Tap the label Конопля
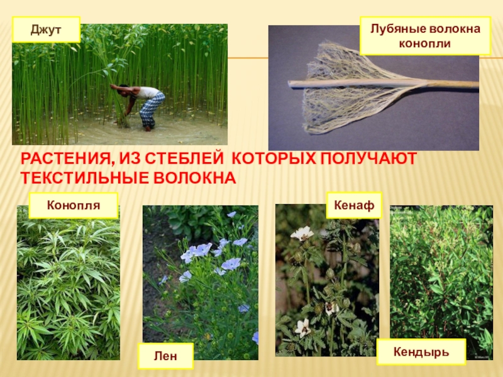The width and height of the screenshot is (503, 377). tap(74, 205)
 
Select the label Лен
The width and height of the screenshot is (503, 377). tap(167, 356)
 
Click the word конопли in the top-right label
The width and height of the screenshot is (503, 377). tap(425, 44)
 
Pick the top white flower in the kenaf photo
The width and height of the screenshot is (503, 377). tap(302, 233)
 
